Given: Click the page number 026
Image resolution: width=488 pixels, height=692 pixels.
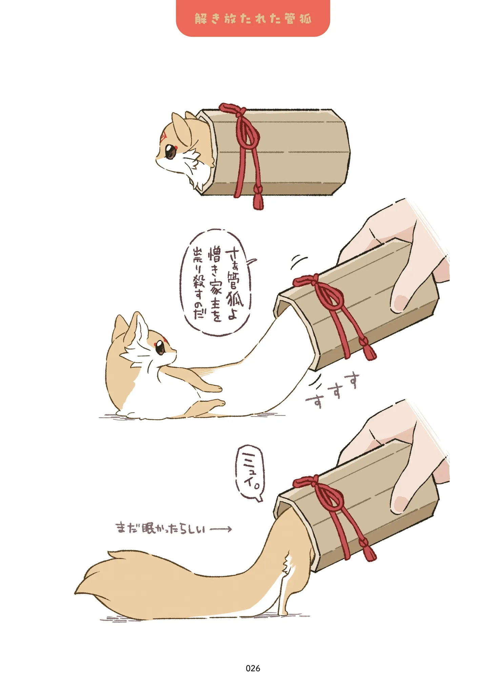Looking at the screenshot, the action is click(253, 668).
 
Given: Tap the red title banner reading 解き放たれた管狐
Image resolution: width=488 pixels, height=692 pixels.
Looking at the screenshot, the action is click(253, 18).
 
